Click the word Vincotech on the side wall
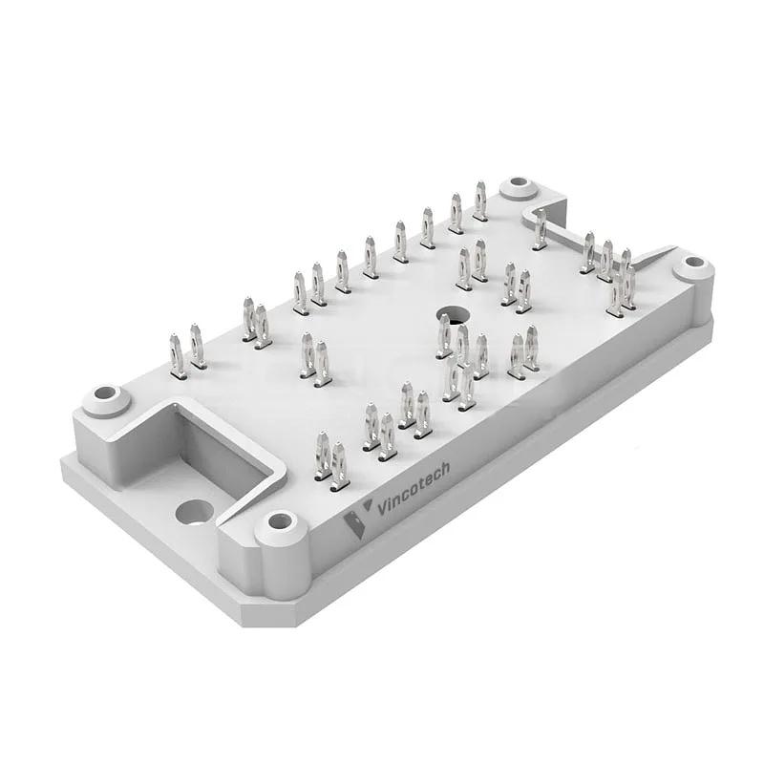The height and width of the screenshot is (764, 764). pyautogui.click(x=414, y=488)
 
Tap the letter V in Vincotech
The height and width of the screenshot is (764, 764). pyautogui.click(x=382, y=508)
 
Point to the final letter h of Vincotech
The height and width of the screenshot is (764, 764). pyautogui.click(x=444, y=469)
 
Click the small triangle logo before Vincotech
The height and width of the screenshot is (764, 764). pyautogui.click(x=367, y=506)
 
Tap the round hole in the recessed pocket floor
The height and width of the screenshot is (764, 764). pyautogui.click(x=194, y=513)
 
